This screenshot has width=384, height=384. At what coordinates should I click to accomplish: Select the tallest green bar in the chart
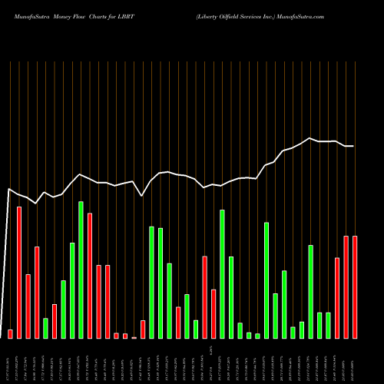(x=81, y=270)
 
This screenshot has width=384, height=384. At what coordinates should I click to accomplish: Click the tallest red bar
(x=19, y=273)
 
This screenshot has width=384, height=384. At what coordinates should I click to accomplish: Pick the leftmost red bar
(x=10, y=334)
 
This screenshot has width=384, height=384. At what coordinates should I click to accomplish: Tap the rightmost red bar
(x=355, y=287)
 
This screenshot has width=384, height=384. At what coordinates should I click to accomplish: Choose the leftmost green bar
(x=45, y=328)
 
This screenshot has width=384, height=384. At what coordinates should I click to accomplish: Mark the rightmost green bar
(x=328, y=326)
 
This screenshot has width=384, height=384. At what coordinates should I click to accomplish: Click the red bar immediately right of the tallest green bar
(x=90, y=276)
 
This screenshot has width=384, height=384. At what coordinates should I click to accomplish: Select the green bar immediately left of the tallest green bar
(x=72, y=290)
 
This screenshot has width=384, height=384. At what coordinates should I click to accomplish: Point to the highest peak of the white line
(x=310, y=138)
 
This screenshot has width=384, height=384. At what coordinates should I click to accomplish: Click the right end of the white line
(x=354, y=146)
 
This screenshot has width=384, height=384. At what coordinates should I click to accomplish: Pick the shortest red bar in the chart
(x=134, y=337)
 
